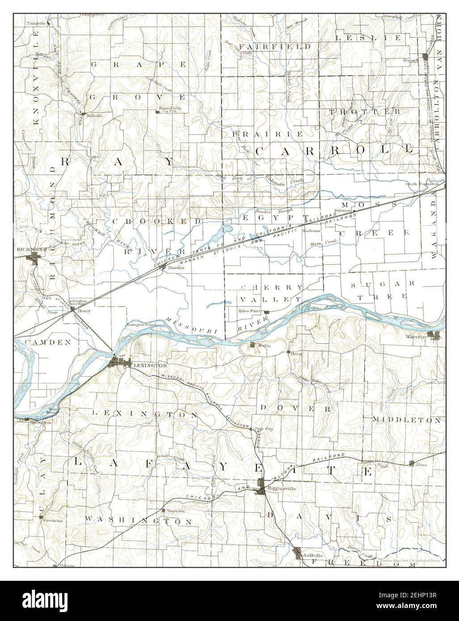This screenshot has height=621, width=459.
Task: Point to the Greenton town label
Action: (53, 520)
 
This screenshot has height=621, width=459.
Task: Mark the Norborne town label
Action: (311, 231)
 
